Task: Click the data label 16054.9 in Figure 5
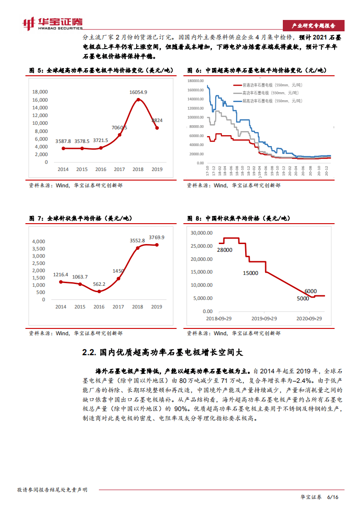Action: [x=138, y=92]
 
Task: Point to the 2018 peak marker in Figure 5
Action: [x=138, y=99]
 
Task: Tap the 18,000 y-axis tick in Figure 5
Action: [x=40, y=92]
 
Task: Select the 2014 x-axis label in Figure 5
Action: [x=63, y=169]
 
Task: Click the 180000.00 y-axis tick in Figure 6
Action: [x=196, y=81]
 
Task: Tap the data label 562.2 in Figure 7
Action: [x=99, y=284]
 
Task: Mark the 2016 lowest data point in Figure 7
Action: [x=99, y=291]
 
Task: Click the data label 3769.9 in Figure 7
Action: [x=157, y=237]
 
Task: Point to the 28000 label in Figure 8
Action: [x=224, y=250]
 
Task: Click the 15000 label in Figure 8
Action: [x=250, y=273]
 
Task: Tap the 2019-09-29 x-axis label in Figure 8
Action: [x=264, y=319]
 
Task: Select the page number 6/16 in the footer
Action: [x=333, y=497]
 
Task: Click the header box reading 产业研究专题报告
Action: [x=313, y=25]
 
